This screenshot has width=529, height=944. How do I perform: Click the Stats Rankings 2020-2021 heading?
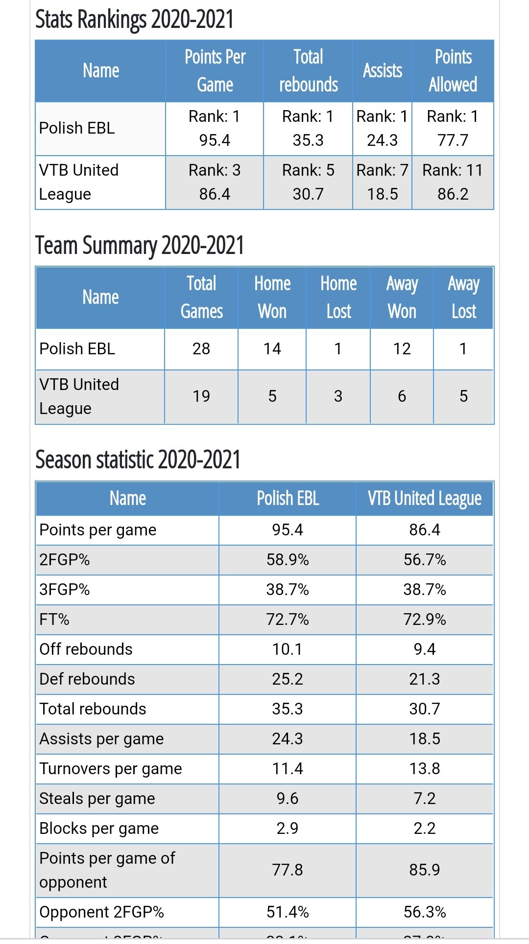pyautogui.click(x=134, y=20)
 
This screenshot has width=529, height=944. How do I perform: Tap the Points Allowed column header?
pyautogui.click(x=453, y=71)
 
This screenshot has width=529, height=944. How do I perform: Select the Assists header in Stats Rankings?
pyautogui.click(x=382, y=71)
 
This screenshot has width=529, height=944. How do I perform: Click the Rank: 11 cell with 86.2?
pyautogui.click(x=453, y=182)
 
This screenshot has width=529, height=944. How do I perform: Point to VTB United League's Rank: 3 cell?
pyautogui.click(x=215, y=182)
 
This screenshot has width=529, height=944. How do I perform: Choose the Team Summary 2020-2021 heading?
pyautogui.click(x=140, y=246)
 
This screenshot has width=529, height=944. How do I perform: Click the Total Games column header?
pyautogui.click(x=201, y=298)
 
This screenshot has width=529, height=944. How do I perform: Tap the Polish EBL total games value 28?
pyautogui.click(x=201, y=349)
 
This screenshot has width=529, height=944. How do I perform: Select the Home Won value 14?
pyautogui.click(x=272, y=349)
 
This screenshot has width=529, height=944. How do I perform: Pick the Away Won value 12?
pyautogui.click(x=402, y=349)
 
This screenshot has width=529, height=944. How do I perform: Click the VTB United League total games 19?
pyautogui.click(x=201, y=396)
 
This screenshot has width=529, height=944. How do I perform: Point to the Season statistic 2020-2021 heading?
pyautogui.click(x=138, y=460)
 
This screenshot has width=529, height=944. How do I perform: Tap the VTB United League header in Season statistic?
pyautogui.click(x=425, y=499)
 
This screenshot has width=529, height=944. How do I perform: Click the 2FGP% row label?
pyautogui.click(x=65, y=560)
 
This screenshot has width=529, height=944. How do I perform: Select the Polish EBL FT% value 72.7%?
pyautogui.click(x=288, y=620)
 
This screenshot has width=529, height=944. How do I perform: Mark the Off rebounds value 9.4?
pyautogui.click(x=425, y=649)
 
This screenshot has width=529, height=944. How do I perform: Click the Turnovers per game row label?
pyautogui.click(x=111, y=769)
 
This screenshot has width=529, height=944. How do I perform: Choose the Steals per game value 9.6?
pyautogui.click(x=288, y=799)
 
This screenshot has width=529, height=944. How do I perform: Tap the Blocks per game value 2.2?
pyautogui.click(x=425, y=829)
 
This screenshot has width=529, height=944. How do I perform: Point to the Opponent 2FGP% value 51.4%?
pyautogui.click(x=288, y=912)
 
